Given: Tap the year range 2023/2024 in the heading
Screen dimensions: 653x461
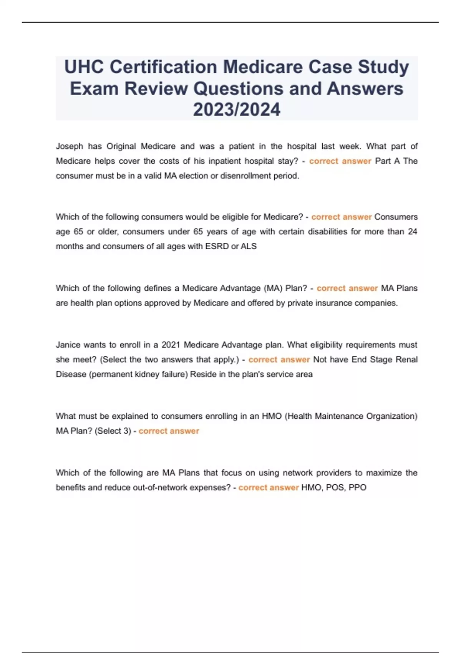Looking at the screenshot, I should click(237, 109).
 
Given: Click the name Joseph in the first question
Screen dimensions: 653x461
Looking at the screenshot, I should click(70, 146).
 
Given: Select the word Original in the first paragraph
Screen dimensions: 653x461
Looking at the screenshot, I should click(121, 146).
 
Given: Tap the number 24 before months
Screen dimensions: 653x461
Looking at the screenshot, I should click(412, 232).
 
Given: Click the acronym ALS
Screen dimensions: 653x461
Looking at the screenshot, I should click(249, 246).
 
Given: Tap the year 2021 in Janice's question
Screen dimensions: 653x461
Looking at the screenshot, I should click(171, 345).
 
